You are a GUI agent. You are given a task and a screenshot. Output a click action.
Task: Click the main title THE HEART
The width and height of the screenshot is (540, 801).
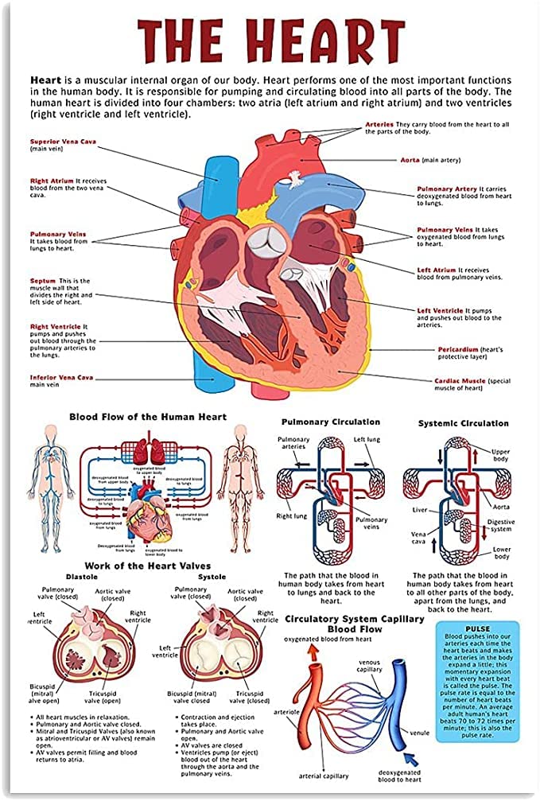(x=270, y=40)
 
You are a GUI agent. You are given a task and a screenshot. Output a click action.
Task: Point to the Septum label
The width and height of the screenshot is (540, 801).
(x=44, y=281)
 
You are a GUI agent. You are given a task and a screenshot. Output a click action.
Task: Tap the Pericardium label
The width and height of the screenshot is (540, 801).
(x=458, y=349)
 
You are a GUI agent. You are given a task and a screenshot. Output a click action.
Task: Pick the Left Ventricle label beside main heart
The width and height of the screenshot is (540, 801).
(x=441, y=310)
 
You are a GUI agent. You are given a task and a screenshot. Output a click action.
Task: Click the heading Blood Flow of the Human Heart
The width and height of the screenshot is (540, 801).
(x=148, y=416)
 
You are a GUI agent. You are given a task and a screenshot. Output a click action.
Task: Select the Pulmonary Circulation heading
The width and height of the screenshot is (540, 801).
(x=331, y=422)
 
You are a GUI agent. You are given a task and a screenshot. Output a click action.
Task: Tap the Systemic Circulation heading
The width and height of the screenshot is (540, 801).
(x=463, y=423)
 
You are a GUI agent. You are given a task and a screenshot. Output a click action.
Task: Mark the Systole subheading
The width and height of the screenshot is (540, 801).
(x=212, y=576)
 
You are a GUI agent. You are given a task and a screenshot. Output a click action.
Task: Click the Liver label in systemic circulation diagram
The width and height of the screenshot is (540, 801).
(x=420, y=509)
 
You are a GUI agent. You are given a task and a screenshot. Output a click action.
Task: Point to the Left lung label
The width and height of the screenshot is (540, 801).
(x=367, y=439)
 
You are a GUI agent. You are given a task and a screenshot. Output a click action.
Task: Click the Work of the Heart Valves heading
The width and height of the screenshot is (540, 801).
(x=149, y=565)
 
